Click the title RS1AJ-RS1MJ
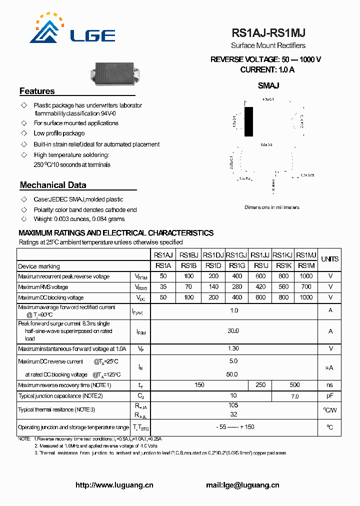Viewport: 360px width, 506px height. [268, 33]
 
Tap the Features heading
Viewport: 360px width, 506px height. [37, 91]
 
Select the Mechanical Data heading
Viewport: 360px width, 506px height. [53, 185]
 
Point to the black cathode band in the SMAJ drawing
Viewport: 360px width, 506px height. [248, 121]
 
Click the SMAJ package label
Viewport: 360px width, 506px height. [268, 85]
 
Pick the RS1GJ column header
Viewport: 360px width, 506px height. [236, 254]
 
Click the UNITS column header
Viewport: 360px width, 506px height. [329, 259]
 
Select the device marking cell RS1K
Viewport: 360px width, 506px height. [283, 265]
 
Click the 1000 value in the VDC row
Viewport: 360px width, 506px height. [306, 297]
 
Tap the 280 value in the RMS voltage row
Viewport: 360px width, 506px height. [237, 287]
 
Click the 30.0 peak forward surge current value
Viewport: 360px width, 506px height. [233, 331]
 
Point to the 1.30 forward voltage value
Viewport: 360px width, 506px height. [233, 348]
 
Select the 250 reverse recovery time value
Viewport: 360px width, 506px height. [260, 385]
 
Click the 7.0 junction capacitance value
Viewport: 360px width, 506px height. [294, 396]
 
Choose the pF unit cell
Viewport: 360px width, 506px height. [329, 396]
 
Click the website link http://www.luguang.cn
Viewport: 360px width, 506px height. [114, 485]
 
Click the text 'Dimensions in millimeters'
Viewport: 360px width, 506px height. [271, 207]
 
